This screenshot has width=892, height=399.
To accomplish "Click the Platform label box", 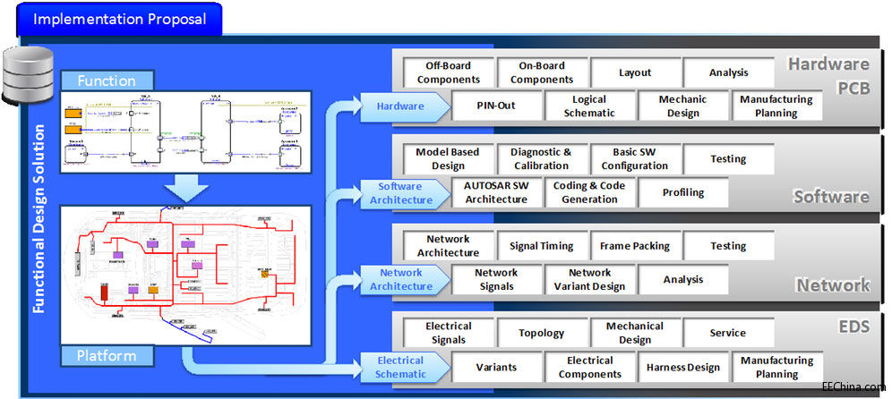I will point(106,356).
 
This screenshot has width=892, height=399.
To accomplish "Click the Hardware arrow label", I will point(401,106).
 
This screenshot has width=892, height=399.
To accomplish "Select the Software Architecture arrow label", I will point(401,192).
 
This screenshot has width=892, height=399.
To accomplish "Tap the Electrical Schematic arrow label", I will point(400,367).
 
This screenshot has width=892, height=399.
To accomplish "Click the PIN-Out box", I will point(495,106).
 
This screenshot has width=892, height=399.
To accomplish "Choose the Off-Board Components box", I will point(448,72).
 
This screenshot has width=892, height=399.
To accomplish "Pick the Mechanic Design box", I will point(682,106).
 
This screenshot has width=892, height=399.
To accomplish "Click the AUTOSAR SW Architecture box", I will point(495,192).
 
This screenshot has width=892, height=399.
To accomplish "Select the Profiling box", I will point(682,192).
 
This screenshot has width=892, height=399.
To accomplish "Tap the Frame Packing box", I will point(636,246).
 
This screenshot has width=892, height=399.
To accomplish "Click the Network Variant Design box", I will point(589,279).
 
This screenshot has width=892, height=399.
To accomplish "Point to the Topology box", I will point(541,333).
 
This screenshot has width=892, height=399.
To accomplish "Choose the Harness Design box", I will point(682,367).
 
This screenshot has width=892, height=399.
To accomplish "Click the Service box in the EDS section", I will point(727,333).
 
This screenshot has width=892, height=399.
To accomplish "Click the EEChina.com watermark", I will point(853,387).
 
